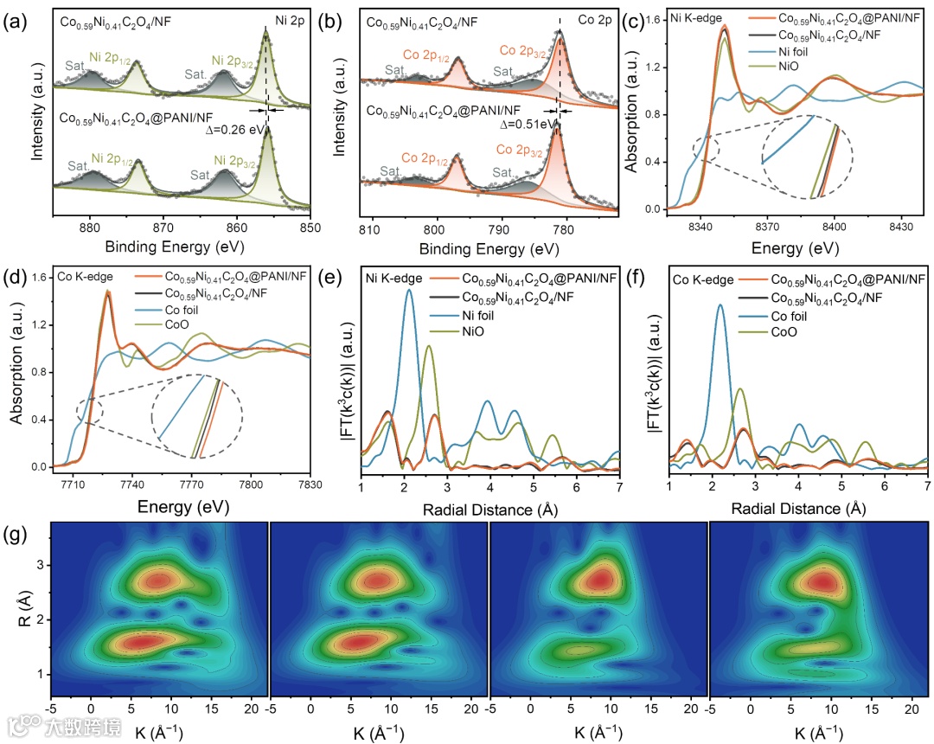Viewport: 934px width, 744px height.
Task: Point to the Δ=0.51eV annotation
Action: coord(528,124)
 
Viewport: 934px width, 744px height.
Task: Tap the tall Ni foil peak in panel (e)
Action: coord(409,292)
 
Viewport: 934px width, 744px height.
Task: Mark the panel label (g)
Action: coord(16,535)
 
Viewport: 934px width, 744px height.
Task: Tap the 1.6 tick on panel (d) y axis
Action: coord(41,278)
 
